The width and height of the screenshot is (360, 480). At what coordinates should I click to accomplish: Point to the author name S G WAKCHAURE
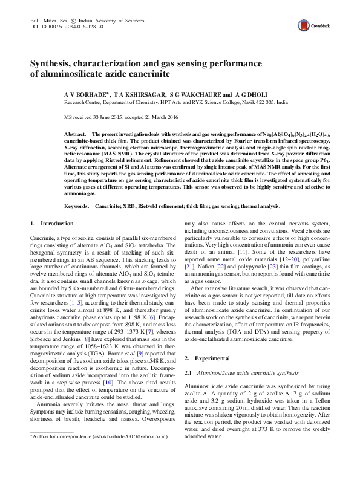(194, 95)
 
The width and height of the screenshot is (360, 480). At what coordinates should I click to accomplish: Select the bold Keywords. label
(77, 206)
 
